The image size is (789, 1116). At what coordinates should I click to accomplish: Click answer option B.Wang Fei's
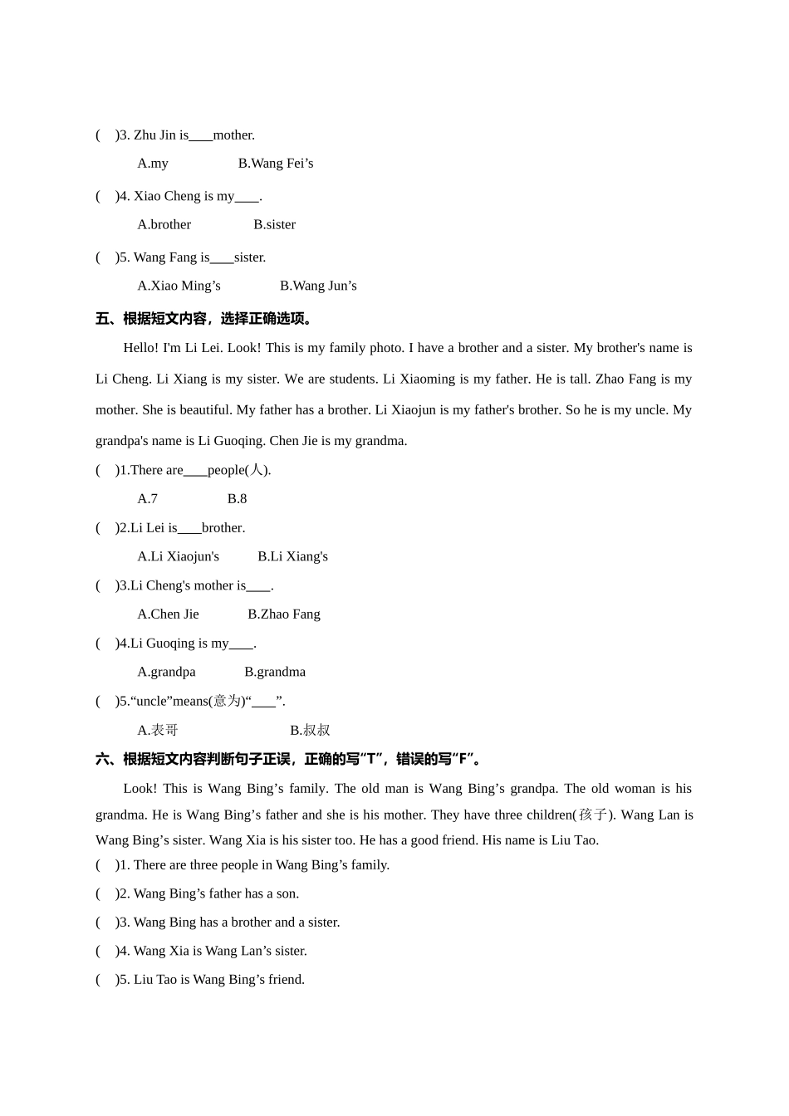pyautogui.click(x=276, y=164)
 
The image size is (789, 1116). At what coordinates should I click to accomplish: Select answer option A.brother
pyautogui.click(x=164, y=225)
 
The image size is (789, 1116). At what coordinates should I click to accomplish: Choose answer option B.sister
pyautogui.click(x=274, y=225)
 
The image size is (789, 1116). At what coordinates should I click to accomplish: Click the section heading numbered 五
pyautogui.click(x=204, y=319)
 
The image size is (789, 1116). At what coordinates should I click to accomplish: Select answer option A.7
pyautogui.click(x=148, y=499)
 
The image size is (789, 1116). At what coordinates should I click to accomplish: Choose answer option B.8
pyautogui.click(x=237, y=499)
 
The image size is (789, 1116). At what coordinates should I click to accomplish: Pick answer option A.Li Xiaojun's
pyautogui.click(x=179, y=557)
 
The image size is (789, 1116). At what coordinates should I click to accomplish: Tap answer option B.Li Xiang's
pyautogui.click(x=292, y=557)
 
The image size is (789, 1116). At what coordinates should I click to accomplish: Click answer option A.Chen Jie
pyautogui.click(x=169, y=614)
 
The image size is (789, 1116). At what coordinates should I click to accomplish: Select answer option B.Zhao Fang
pyautogui.click(x=284, y=614)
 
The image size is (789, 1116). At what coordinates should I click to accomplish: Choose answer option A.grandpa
pyautogui.click(x=167, y=673)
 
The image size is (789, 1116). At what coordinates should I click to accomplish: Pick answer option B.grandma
pyautogui.click(x=275, y=673)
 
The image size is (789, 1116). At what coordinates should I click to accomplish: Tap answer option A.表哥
pyautogui.click(x=158, y=731)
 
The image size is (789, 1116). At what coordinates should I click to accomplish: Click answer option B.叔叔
pyautogui.click(x=310, y=731)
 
